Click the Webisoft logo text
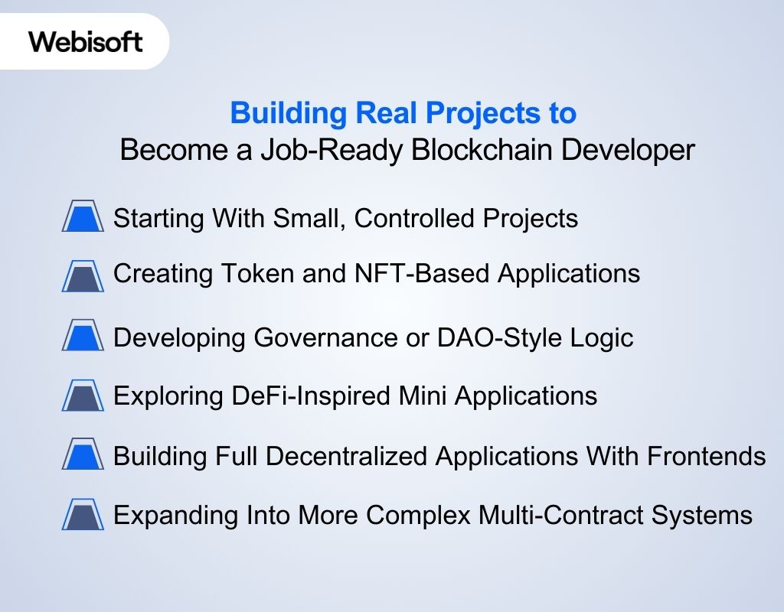86,41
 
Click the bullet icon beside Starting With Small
83,217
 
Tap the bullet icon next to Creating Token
83,275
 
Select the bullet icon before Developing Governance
83,337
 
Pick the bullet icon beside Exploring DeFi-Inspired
83,396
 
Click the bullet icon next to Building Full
83,456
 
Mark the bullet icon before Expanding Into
83,515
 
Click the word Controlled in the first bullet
414,219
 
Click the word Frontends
707,456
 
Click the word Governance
312,337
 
